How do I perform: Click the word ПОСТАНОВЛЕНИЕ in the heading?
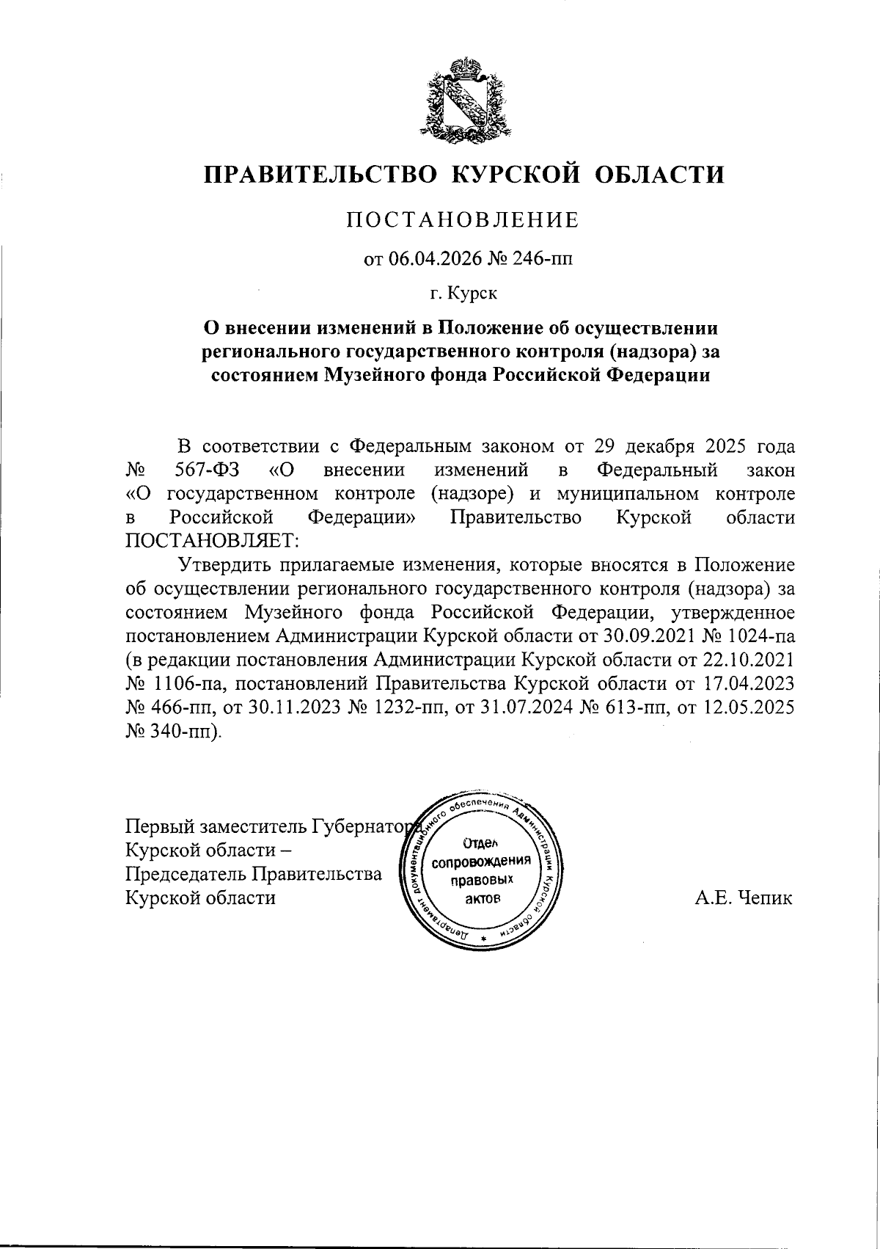click(463, 219)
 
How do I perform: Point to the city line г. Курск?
click(463, 294)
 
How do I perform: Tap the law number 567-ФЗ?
click(209, 470)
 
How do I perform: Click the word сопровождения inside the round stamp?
click(481, 860)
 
